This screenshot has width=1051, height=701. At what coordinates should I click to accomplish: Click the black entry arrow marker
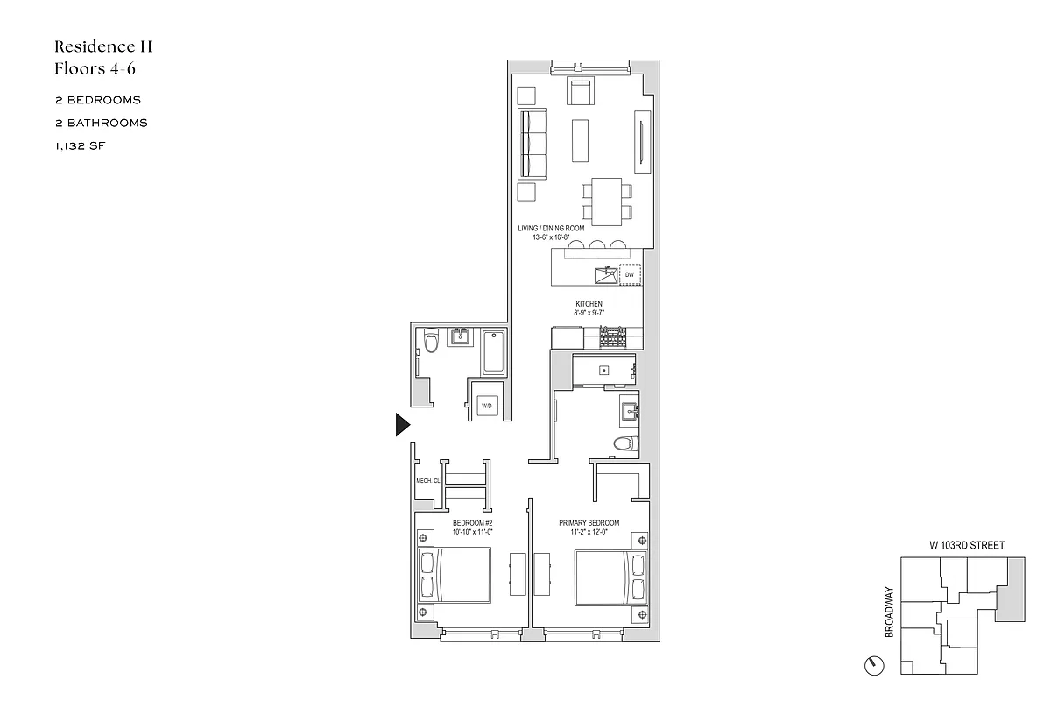(x=402, y=425)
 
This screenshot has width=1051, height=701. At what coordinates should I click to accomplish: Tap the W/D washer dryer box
(x=487, y=406)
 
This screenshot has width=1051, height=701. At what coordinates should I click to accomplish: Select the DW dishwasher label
(x=629, y=275)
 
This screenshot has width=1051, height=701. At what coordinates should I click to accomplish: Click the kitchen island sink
(x=603, y=275)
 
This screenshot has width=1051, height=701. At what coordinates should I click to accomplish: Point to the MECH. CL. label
(x=427, y=481)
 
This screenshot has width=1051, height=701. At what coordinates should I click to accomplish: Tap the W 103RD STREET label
(x=967, y=545)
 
